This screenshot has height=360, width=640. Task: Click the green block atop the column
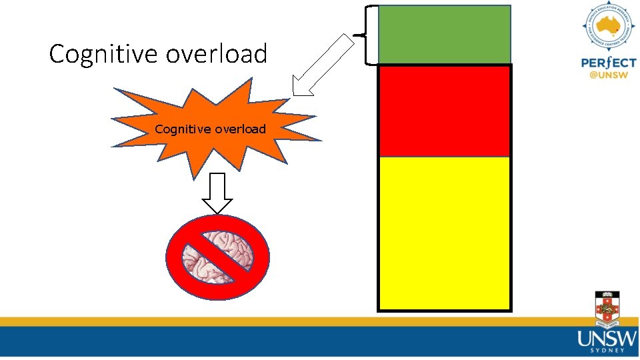(x=445, y=35)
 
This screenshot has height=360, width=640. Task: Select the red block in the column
(x=445, y=110)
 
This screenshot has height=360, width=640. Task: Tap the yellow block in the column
(x=445, y=233)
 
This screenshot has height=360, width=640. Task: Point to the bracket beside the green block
(x=369, y=35)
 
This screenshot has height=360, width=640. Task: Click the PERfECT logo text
(x=608, y=63)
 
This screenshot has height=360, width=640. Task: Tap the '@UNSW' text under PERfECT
(x=609, y=76)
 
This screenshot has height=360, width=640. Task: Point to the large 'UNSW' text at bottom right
(x=607, y=339)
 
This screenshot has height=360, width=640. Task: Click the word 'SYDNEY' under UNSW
(x=607, y=350)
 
